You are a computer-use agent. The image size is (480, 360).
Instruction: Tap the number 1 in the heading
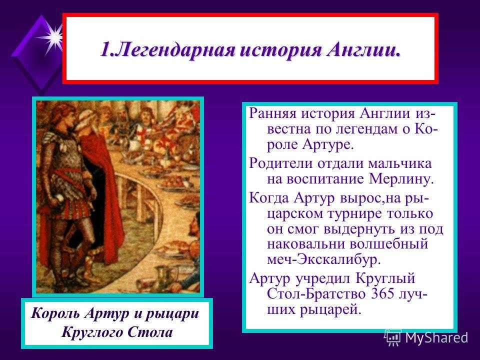click(x=104, y=49)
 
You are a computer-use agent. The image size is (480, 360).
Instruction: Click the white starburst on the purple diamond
click(x=53, y=37)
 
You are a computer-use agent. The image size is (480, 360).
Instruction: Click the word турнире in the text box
click(x=354, y=213)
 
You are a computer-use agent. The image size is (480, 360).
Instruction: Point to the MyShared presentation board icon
click(x=393, y=337)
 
